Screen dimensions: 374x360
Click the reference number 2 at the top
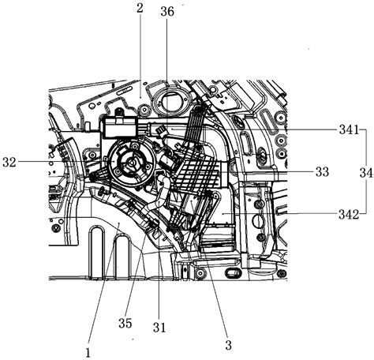point(140,8)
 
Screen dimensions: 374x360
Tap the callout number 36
point(167,12)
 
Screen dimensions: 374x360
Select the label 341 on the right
point(349,129)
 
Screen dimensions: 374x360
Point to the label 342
point(349,215)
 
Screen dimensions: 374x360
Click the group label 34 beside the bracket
point(366,173)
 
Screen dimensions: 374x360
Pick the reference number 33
point(322,172)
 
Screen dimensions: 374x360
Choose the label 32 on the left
point(9,163)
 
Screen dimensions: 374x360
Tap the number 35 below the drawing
point(125,323)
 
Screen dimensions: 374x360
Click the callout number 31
point(159,328)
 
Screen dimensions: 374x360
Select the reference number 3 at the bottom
point(228,345)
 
